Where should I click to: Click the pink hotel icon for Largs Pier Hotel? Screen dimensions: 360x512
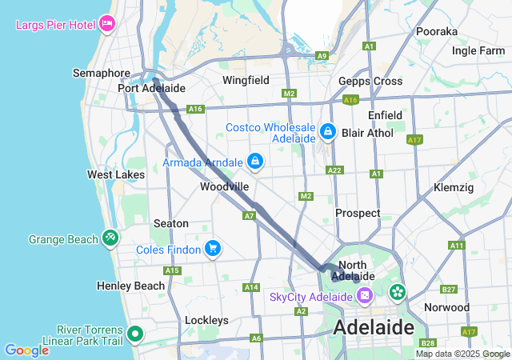tap(107, 23)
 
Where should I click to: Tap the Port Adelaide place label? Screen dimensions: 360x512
tap(151, 88)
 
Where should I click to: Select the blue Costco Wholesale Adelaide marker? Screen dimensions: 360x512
tap(326, 130)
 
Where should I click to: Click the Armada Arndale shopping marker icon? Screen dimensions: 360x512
tap(254, 162)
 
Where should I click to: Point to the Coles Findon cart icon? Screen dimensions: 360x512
tap(212, 248)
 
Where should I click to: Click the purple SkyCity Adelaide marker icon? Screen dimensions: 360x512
tap(364, 297)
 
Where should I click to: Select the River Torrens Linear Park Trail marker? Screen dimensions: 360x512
tap(135, 334)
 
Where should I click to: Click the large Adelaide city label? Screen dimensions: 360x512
tap(374, 326)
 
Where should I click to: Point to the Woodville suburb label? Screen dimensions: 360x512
tap(224, 186)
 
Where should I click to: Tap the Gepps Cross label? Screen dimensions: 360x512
tap(370, 82)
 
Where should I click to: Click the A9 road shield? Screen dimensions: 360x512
tap(322, 56)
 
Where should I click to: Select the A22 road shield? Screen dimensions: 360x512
tap(334, 170)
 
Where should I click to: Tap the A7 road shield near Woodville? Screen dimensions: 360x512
tap(250, 216)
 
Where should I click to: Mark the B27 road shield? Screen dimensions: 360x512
tap(449, 290)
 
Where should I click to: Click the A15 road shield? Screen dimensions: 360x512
tap(172, 270)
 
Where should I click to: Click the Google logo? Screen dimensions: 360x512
tap(26, 350)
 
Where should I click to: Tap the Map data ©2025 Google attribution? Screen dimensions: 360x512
tap(462, 354)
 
